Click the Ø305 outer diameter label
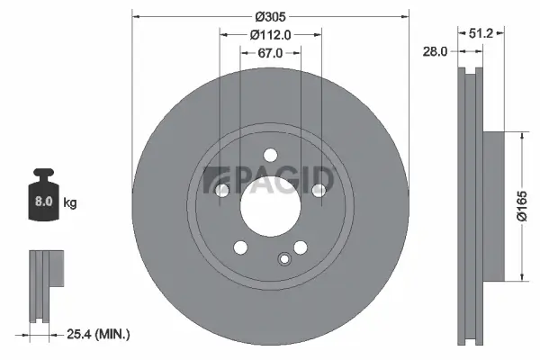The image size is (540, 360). coord(270,16)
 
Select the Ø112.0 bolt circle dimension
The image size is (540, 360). coord(270,35)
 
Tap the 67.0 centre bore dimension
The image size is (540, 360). coord(270,53)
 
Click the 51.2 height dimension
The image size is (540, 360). coord(482,34)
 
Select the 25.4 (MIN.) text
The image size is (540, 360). coord(99,334)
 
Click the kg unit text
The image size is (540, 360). coord(70,203)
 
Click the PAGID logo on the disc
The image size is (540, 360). coord(270,179)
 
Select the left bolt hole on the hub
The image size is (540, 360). coord(221,189)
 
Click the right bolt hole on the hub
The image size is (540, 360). coord(318,189)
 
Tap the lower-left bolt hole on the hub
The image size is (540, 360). coord(240,247)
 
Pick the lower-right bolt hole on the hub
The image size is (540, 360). coord(300,247)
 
